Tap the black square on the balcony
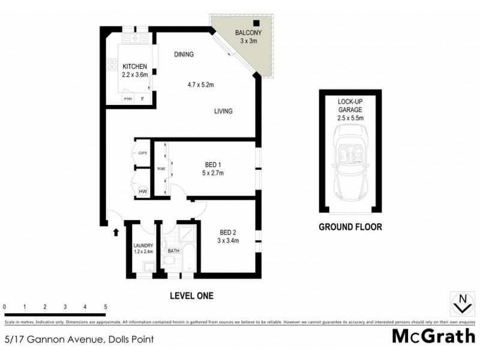pos(255,25)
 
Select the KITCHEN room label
pos(136,67)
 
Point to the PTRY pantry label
pos(128,99)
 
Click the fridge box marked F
pos(143,99)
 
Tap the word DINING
pos(184,55)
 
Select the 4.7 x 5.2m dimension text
pos(200,85)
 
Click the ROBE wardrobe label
pos(161,169)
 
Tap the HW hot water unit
pos(143,192)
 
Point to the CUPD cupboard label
pos(143,153)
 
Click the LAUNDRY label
pos(143,245)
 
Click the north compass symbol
pos(462,303)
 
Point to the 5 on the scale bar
pos(106,307)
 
